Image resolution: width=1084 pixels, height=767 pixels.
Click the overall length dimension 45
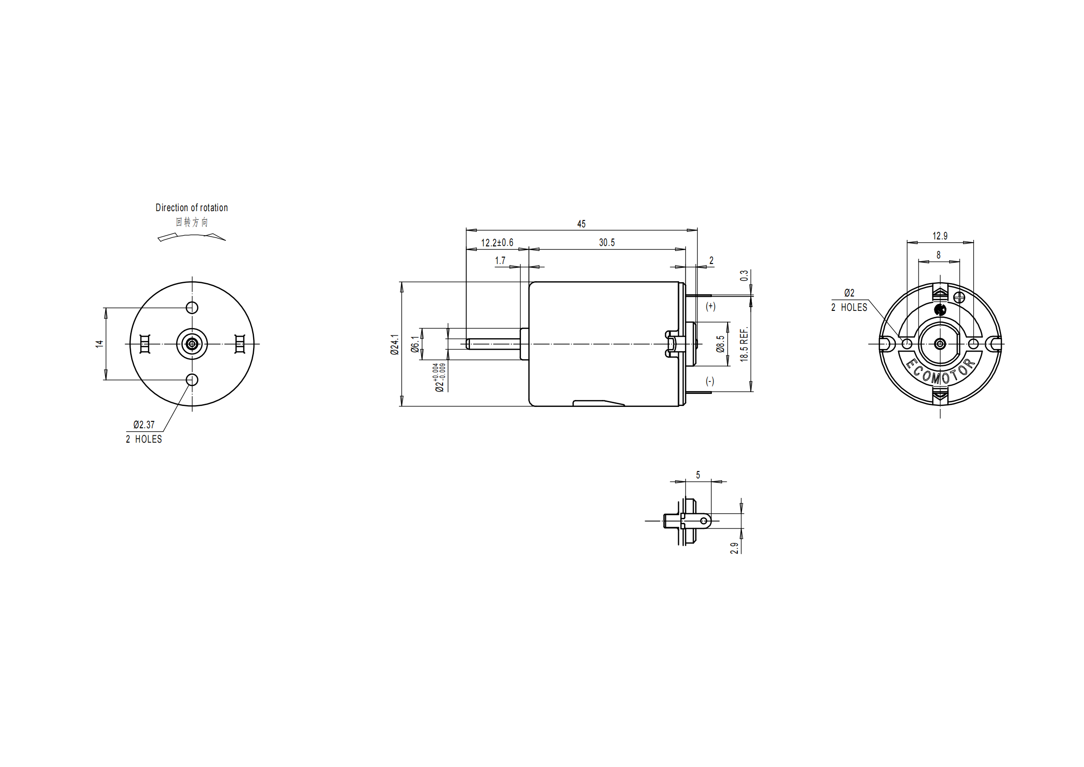click(x=581, y=224)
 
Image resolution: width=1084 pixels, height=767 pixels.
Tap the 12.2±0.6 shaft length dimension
click(x=497, y=243)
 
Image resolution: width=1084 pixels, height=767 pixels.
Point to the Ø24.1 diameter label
click(x=395, y=344)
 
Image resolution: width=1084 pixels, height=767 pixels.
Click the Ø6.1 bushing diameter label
click(x=415, y=344)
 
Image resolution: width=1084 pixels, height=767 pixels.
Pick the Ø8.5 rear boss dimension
click(x=721, y=344)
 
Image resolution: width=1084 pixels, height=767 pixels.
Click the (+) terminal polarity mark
click(x=710, y=306)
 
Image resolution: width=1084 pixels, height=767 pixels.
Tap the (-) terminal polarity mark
click(x=710, y=381)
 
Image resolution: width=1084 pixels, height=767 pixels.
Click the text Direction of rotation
click(x=191, y=208)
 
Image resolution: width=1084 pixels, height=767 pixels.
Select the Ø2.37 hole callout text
click(x=144, y=425)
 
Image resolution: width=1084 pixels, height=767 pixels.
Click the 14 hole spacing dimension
click(x=99, y=343)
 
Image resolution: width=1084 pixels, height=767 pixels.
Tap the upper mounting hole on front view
click(x=192, y=308)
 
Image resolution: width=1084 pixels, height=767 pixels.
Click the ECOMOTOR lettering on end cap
click(x=939, y=374)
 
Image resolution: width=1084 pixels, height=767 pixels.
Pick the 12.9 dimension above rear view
click(x=939, y=236)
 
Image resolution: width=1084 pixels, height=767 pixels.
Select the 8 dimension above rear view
click(x=938, y=255)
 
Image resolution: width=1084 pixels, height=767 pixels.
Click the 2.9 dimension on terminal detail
click(x=734, y=548)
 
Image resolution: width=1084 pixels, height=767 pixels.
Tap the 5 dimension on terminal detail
click(x=698, y=475)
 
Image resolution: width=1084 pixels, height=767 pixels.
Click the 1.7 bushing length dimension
click(x=500, y=261)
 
